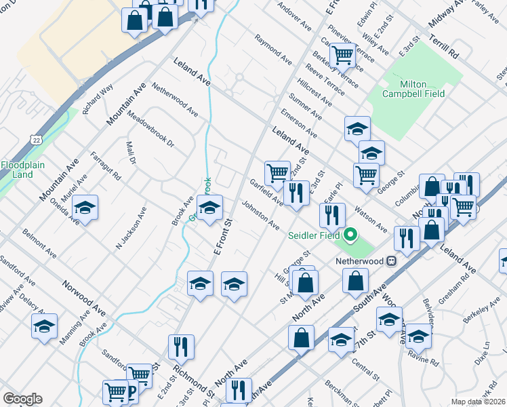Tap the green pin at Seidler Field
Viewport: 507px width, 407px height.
pyautogui.click(x=350, y=236)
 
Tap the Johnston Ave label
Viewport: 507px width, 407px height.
pyautogui.click(x=261, y=214)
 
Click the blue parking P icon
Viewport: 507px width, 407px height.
pyautogui.click(x=131, y=391)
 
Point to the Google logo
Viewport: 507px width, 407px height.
pyautogui.click(x=22, y=399)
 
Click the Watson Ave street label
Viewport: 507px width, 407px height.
pyautogui.click(x=371, y=218)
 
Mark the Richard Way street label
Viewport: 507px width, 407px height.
pyautogui.click(x=98, y=99)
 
